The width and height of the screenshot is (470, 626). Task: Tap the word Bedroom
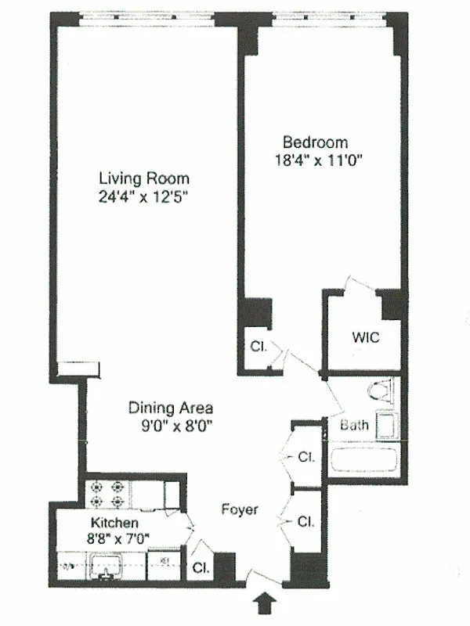pos(315,142)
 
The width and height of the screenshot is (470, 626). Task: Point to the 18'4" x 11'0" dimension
pos(315,162)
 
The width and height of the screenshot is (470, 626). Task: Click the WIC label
pos(364,339)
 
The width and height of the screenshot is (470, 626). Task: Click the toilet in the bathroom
pos(381,392)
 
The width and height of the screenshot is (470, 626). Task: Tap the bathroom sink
pos(388,426)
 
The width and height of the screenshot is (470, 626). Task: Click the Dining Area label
pos(171,408)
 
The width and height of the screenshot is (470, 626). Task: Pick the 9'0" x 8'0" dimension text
pos(171,426)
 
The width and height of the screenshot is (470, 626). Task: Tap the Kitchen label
pos(115,523)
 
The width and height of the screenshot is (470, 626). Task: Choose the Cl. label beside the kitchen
pos(201,569)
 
